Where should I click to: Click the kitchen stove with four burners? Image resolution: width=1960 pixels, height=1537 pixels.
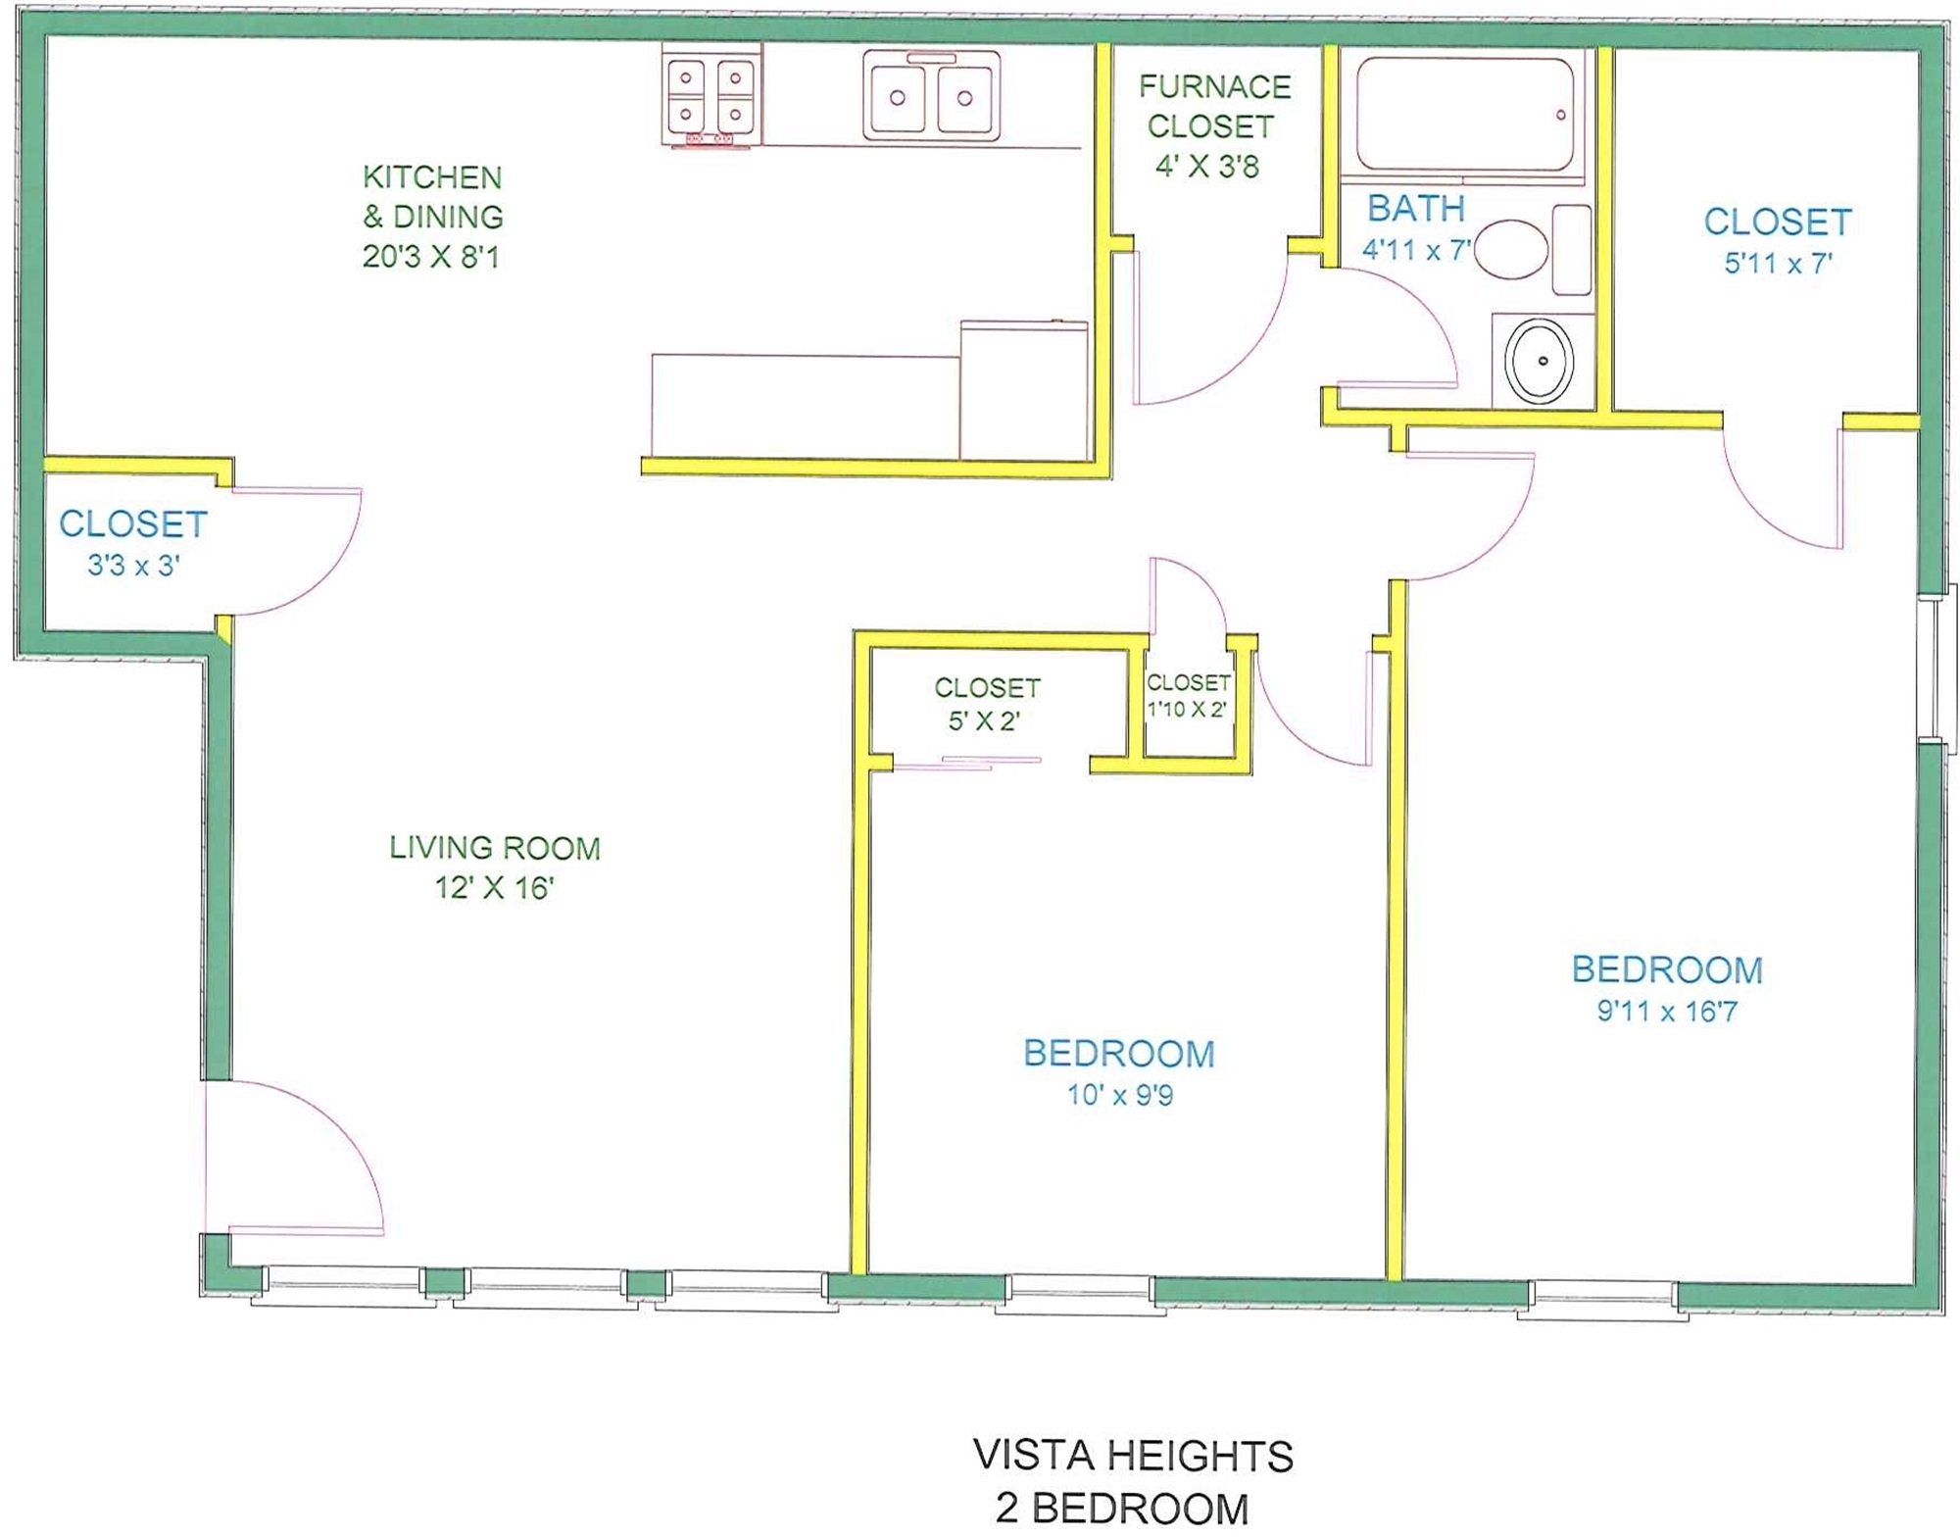[x=711, y=96]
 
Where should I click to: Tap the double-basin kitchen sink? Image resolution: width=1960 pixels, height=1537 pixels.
[x=931, y=96]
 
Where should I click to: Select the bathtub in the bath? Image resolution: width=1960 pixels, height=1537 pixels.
[x=1465, y=116]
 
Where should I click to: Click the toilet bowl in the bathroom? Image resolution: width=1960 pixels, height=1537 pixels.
[x=1511, y=249]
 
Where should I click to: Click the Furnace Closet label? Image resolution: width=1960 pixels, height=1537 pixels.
[x=1213, y=107]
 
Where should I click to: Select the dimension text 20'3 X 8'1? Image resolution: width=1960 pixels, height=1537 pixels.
[x=431, y=257]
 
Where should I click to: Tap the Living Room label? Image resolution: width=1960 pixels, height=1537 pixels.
[x=495, y=848]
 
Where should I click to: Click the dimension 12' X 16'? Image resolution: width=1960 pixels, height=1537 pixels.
[x=494, y=888]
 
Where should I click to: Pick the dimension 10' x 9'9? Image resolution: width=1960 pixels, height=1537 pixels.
[x=1120, y=1095]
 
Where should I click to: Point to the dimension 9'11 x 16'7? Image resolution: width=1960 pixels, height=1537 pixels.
[x=1667, y=1011]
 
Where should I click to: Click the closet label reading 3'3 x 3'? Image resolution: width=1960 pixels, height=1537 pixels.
[x=133, y=566]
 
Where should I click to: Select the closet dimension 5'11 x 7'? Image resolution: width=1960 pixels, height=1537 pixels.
[x=1778, y=264]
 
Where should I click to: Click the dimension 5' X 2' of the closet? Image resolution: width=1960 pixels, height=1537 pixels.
[x=984, y=721]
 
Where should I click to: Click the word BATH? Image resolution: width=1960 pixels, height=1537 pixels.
[x=1416, y=209]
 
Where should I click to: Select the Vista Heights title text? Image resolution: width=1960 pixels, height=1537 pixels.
[x=1134, y=1457]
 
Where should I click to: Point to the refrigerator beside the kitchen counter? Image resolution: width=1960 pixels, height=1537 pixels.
[x=1024, y=389]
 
